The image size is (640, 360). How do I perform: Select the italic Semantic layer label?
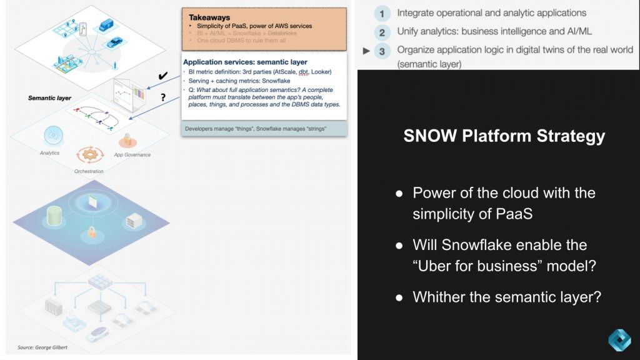click(49, 98)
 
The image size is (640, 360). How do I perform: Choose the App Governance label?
click(132, 154)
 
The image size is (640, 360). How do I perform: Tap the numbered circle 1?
click(381, 13)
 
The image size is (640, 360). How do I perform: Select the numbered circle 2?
click(381, 32)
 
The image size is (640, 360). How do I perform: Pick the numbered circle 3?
click(382, 51)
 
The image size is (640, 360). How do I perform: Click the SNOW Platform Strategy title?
click(504, 136)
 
